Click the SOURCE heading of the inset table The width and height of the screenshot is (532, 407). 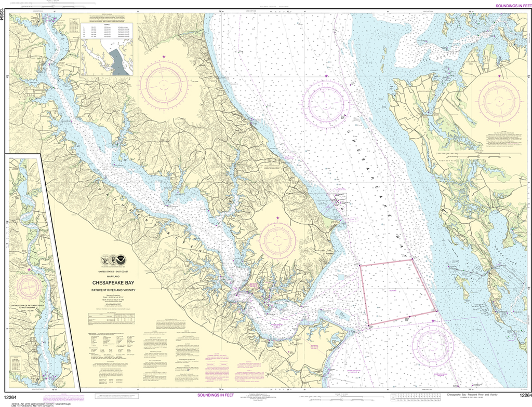click(x=107, y=23)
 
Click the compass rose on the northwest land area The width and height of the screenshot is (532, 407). click(x=164, y=83)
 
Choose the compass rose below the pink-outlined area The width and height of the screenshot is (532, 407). click(x=433, y=345)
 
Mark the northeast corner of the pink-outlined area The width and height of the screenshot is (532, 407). click(x=412, y=260)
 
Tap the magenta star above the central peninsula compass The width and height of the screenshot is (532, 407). click(x=277, y=218)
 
